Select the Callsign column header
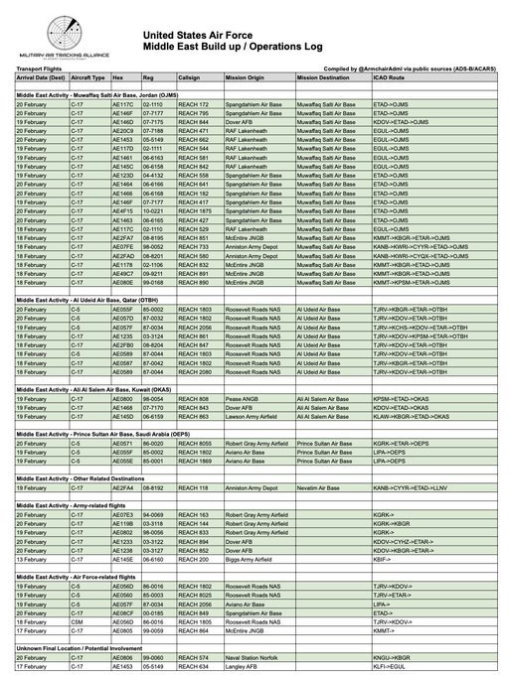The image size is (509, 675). pos(192,75)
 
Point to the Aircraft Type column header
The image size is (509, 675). pos(87,75)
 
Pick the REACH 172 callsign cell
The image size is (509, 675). pos(193,104)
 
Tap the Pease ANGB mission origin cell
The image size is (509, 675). pos(243,398)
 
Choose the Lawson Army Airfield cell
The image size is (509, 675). pos(253,417)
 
